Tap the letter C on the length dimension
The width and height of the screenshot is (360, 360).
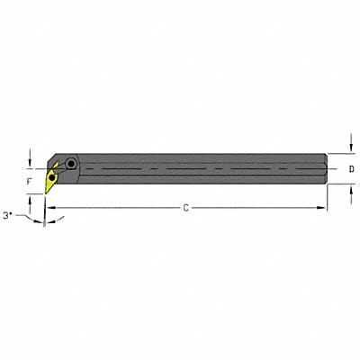tap(185, 208)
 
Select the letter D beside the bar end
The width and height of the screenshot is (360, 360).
tap(351, 168)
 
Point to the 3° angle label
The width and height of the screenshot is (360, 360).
tap(10, 217)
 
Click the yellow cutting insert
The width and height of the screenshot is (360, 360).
tap(53, 177)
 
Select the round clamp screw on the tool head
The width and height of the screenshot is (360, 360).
tap(71, 164)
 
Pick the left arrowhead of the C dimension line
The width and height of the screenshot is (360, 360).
tap(50, 208)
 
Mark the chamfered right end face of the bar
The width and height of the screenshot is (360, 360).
tap(323, 168)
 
